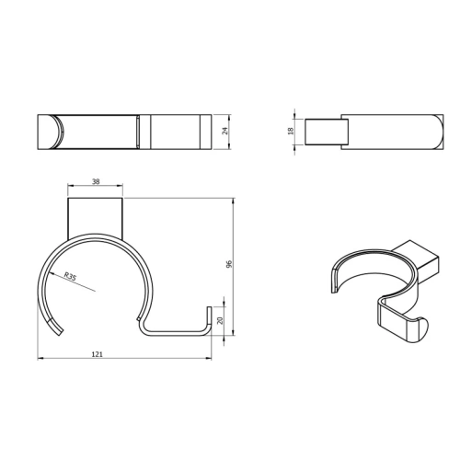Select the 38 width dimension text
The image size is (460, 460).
tap(97, 183)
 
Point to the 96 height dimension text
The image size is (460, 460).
tap(229, 264)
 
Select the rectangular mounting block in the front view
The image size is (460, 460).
tap(97, 217)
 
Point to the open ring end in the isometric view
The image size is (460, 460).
tap(335, 279)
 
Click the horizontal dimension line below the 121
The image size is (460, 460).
tap(123, 358)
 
